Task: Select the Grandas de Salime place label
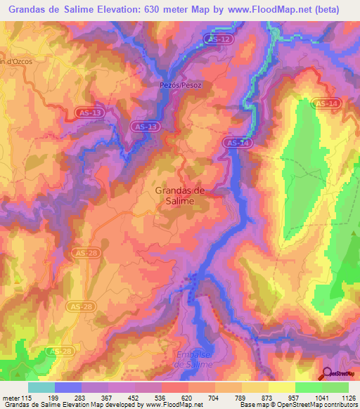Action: pyautogui.click(x=179, y=195)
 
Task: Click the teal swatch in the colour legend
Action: pyautogui.click(x=41, y=387)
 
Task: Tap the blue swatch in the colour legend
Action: pyautogui.click(x=68, y=387)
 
